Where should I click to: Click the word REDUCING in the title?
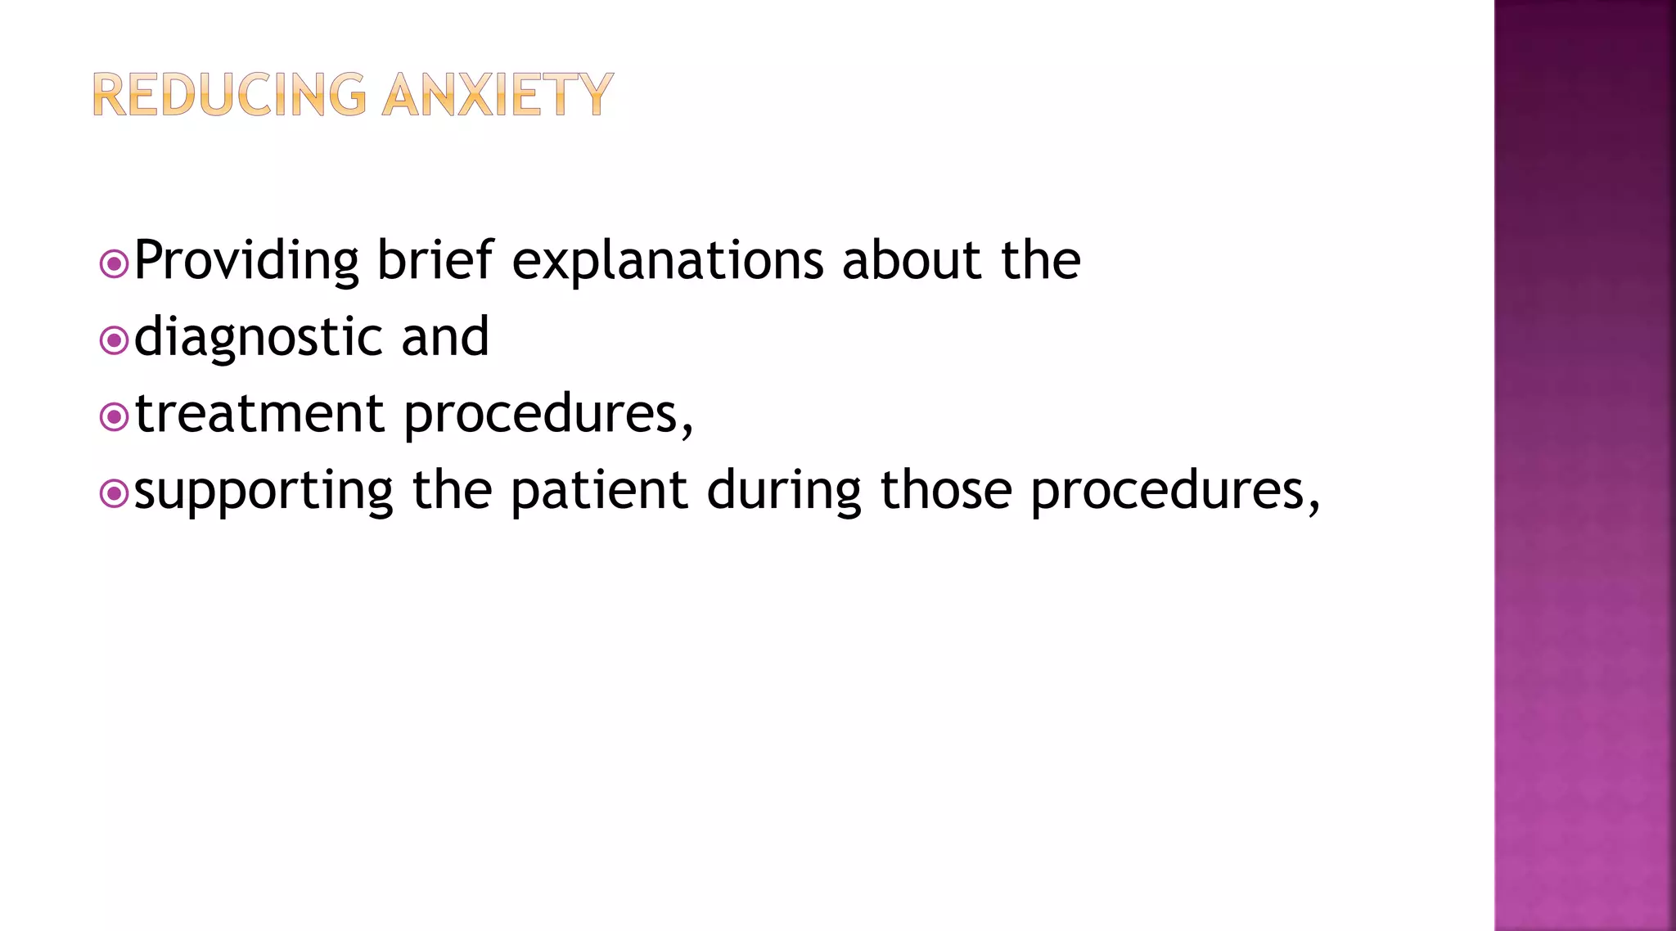tap(229, 95)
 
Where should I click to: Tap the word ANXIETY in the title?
tap(498, 95)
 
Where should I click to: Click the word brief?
tap(435, 260)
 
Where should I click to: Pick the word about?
tap(912, 260)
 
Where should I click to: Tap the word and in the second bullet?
tap(445, 337)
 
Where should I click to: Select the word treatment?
tap(259, 413)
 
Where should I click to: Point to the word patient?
tap(599, 490)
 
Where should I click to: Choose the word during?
tap(784, 492)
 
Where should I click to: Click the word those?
tap(946, 490)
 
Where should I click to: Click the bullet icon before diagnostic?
tap(114, 340)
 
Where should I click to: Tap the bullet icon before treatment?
tap(114, 417)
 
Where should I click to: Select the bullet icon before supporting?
tap(114, 493)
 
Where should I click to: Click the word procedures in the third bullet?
tap(542, 415)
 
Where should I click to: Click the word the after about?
tap(1041, 260)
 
